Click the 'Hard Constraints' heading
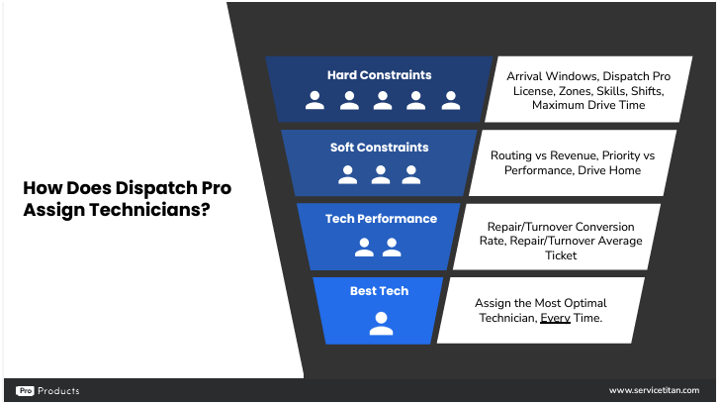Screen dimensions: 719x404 (x=379, y=75)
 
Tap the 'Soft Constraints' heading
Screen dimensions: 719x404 (x=379, y=148)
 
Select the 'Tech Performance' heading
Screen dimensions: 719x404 (x=381, y=219)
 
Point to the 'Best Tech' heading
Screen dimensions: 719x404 (x=379, y=291)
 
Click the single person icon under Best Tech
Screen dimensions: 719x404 (x=381, y=323)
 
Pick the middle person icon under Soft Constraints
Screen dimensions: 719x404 (x=381, y=175)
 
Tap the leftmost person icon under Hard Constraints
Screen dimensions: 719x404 (x=315, y=100)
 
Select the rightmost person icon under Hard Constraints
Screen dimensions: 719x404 (x=451, y=100)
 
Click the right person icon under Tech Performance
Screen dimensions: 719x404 (x=392, y=248)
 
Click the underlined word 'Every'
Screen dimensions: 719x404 (x=555, y=318)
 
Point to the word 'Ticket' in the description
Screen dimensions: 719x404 (x=561, y=255)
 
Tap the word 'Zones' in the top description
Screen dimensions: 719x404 (x=575, y=91)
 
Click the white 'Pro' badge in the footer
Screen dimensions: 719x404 (x=26, y=391)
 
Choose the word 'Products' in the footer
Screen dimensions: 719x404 (x=58, y=391)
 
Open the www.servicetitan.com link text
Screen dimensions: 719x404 (x=655, y=390)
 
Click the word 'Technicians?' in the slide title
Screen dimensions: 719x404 (x=149, y=210)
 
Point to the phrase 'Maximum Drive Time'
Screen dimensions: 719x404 (x=588, y=105)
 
